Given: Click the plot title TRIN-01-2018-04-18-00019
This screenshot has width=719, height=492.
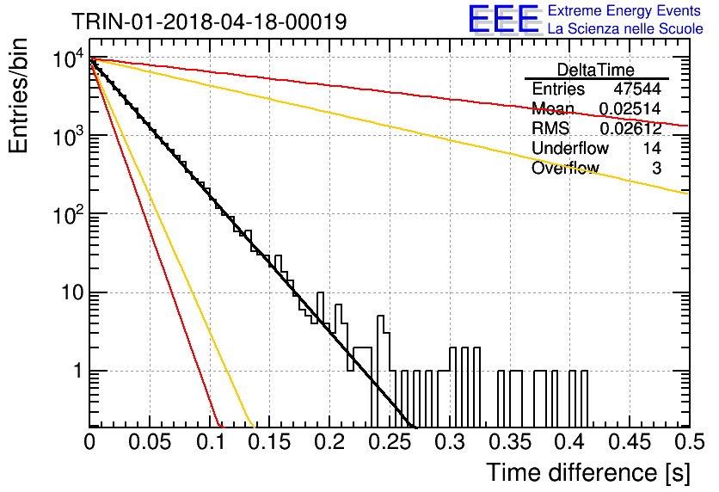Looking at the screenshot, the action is [x=209, y=22].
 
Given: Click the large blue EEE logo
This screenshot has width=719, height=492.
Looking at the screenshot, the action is [x=504, y=18].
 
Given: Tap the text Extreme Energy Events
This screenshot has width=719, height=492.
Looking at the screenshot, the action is [x=624, y=10].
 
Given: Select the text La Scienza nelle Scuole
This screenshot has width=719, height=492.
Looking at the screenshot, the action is [x=625, y=28].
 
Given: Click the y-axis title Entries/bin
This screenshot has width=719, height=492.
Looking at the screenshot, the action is [x=18, y=96].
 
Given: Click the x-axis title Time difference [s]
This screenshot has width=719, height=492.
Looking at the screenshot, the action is [x=588, y=472].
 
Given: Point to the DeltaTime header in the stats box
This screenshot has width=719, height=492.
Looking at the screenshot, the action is [x=595, y=70].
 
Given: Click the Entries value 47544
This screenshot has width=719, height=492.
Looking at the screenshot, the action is [x=637, y=89].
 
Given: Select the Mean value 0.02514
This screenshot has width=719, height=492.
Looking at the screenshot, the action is [x=630, y=108].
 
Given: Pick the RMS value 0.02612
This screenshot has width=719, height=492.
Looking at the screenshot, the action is [x=630, y=128].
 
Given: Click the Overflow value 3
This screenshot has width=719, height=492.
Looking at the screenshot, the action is [x=656, y=169].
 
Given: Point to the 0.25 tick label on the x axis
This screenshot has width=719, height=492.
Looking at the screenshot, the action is [x=390, y=442].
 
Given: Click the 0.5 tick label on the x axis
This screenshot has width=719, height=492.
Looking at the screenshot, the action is [x=689, y=442].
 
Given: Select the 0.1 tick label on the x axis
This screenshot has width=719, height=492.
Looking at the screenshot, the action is [x=211, y=442].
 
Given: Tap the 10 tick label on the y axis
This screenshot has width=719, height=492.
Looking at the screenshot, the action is [x=72, y=292].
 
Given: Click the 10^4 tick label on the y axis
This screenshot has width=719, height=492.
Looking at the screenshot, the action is [x=68, y=59].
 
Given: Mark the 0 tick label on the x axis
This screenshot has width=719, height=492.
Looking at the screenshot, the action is [x=89, y=442].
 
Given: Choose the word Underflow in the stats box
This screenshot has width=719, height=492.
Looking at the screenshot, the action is [x=570, y=148].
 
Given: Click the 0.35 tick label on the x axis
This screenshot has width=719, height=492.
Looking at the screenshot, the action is [x=509, y=442].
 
